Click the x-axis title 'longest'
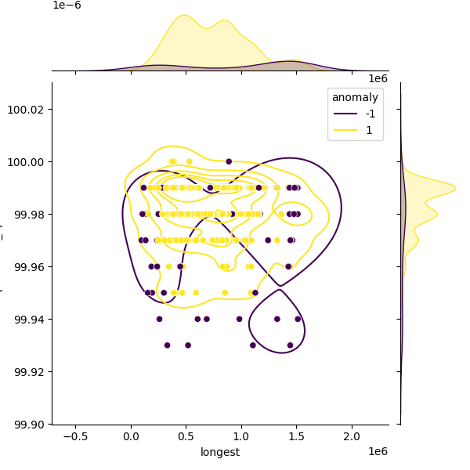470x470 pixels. [220, 452]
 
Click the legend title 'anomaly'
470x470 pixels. [355, 97]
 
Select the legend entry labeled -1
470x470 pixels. [371, 114]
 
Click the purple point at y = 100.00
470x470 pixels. [229, 161]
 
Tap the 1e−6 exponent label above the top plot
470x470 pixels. [67, 5]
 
